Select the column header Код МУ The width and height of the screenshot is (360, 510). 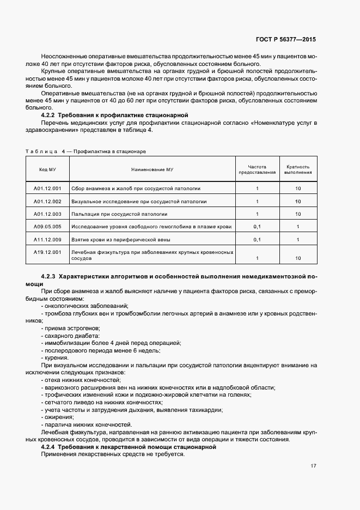47,169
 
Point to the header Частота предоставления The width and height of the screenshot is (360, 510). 257,169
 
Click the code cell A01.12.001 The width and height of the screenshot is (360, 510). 47,189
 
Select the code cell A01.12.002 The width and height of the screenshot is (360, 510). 47,201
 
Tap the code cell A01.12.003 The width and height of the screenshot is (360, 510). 47,214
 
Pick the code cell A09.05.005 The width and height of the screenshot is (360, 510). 47,226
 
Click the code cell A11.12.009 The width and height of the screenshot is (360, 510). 47,239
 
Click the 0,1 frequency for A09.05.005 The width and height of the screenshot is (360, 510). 257,226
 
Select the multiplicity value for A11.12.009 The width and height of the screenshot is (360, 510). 298,239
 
